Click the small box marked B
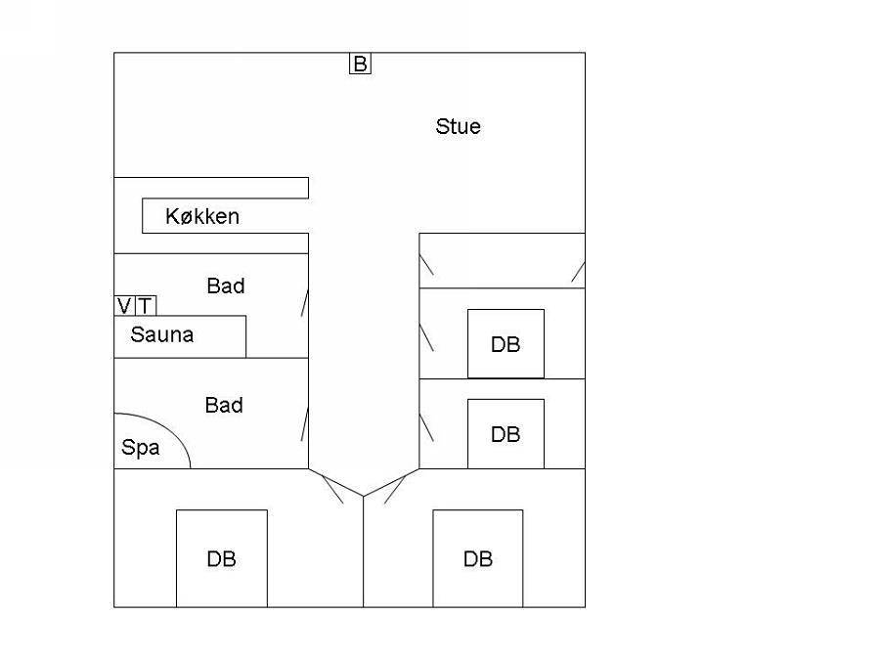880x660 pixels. pos(360,64)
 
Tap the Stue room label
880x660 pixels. pos(458,126)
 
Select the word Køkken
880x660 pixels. pos(202,216)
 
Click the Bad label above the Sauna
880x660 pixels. pos(226,286)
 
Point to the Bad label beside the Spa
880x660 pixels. pos(224,405)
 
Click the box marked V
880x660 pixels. pos(124,306)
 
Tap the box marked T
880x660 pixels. pos(146,306)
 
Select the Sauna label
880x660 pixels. pos(161,334)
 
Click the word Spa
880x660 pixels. pos(140,447)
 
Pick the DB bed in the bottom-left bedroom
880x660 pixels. pos(222,558)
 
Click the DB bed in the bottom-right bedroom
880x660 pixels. pos(477,558)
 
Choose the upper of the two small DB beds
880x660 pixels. pos(506,343)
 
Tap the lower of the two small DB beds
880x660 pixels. pos(506,434)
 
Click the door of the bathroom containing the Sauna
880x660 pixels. pos(305,303)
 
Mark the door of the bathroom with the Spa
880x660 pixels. pos(305,424)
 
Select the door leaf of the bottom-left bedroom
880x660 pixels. pos(332,489)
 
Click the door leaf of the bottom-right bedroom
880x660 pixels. pos(395,490)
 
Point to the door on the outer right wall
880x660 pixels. pos(578,272)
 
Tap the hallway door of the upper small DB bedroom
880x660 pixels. pos(426,338)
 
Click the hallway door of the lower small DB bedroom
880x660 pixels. pos(426,427)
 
